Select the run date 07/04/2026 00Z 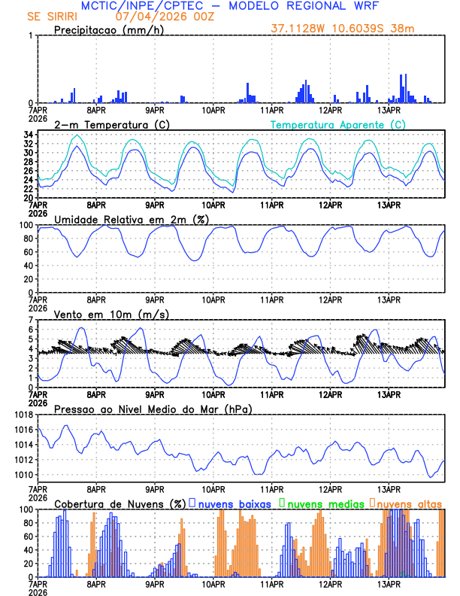pyautogui.click(x=159, y=16)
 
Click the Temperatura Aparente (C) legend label pyautogui.click(x=338, y=124)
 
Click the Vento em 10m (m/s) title pyautogui.click(x=101, y=314)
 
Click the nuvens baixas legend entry pyautogui.click(x=224, y=503)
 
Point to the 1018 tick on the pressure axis pyautogui.click(x=22, y=415)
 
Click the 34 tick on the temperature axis pyautogui.click(x=27, y=135)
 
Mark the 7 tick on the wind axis pyautogui.click(x=30, y=320)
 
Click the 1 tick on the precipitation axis pyautogui.click(x=30, y=35)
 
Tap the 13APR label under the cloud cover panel pyautogui.click(x=389, y=583)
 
